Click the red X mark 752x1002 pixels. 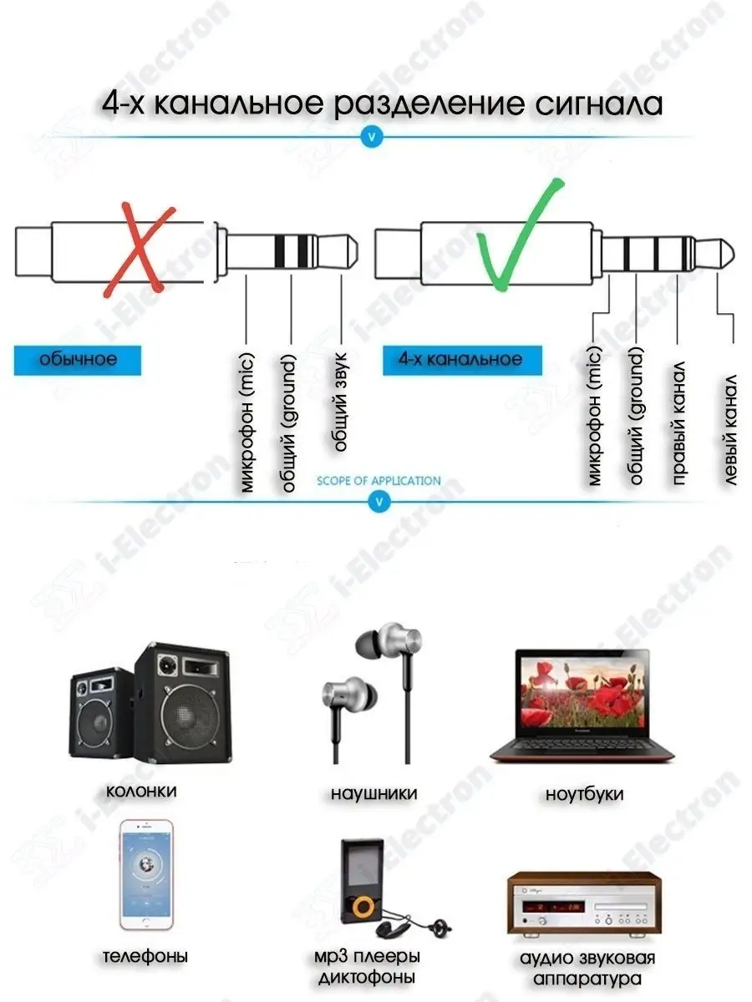click(x=140, y=250)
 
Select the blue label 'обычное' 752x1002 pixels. click(x=77, y=360)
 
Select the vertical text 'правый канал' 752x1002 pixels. click(x=678, y=423)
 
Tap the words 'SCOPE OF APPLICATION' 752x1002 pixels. click(x=379, y=481)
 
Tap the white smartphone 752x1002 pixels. click(x=146, y=874)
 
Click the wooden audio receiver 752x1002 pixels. click(x=582, y=903)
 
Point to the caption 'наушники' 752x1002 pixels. click(x=373, y=793)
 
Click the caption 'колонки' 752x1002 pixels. click(x=142, y=790)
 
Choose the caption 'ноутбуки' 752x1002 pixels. click(x=584, y=794)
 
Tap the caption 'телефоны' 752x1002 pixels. click(x=145, y=956)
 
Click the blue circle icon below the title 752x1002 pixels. click(x=373, y=136)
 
